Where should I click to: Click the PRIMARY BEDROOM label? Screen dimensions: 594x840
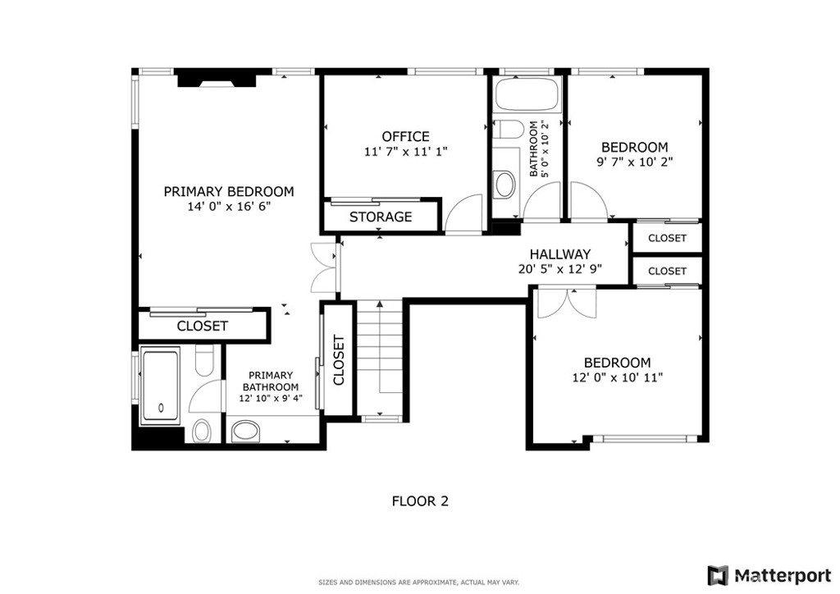tap(228, 191)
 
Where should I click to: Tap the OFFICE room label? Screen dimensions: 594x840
tap(405, 136)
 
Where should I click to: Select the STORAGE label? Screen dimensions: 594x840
tap(381, 217)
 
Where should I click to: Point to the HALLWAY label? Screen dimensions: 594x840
tap(559, 254)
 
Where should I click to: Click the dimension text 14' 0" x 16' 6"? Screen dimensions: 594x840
tap(228, 208)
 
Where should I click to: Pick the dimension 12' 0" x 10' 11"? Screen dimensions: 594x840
tap(617, 377)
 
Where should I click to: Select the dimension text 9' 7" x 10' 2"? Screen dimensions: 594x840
tap(634, 162)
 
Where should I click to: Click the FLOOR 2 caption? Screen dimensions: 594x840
tap(419, 500)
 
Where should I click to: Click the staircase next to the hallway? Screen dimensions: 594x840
tap(381, 357)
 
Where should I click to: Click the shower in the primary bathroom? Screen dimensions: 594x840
tap(161, 386)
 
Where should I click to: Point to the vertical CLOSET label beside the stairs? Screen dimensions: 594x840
tap(338, 361)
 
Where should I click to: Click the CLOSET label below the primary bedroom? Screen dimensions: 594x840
tap(203, 326)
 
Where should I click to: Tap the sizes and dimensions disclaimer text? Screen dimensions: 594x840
tap(418, 583)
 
